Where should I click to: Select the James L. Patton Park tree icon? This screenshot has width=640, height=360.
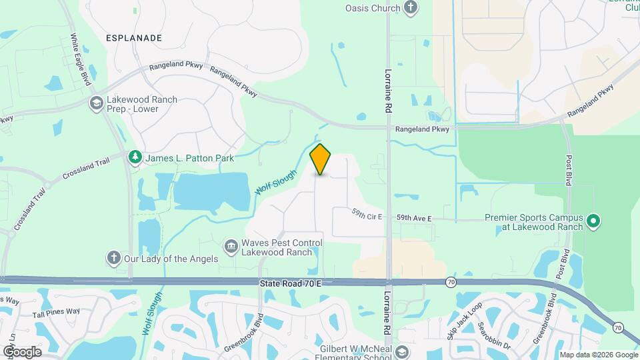[x=135, y=157]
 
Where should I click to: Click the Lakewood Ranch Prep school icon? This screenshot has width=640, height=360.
[x=96, y=103]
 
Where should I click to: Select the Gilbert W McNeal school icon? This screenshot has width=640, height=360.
[x=401, y=352]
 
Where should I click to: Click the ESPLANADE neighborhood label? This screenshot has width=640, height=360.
[x=133, y=38]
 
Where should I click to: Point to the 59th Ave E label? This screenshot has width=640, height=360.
[x=414, y=218]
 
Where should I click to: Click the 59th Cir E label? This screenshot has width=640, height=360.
[x=367, y=215]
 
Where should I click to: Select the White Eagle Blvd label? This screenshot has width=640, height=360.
[x=85, y=59]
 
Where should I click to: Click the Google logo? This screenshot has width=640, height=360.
[x=22, y=351]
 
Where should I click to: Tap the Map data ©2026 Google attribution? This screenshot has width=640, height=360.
[x=598, y=355]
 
